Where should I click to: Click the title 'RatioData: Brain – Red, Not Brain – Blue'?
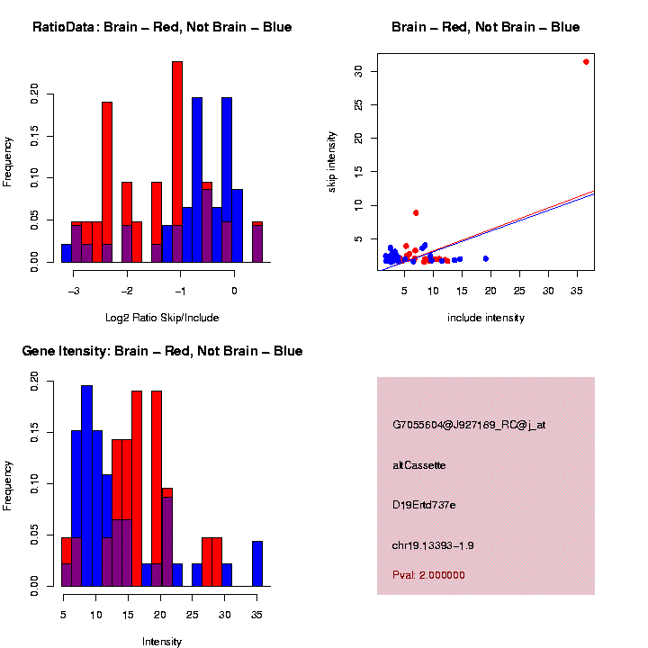coord(162,27)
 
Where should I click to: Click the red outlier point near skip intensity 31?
coord(586,61)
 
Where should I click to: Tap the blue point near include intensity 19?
coord(486,258)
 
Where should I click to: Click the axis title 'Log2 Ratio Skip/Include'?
coord(161,317)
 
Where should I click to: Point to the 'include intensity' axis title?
coord(486,318)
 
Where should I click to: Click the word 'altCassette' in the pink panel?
coord(419,464)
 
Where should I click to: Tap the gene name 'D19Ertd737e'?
coord(424,505)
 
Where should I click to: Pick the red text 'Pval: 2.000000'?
coord(429,574)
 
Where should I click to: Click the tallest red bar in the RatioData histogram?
coord(177,162)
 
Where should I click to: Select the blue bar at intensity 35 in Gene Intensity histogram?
coord(257,563)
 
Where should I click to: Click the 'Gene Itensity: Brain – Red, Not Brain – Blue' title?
coord(162,351)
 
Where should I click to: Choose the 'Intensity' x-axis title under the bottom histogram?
coord(161,642)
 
